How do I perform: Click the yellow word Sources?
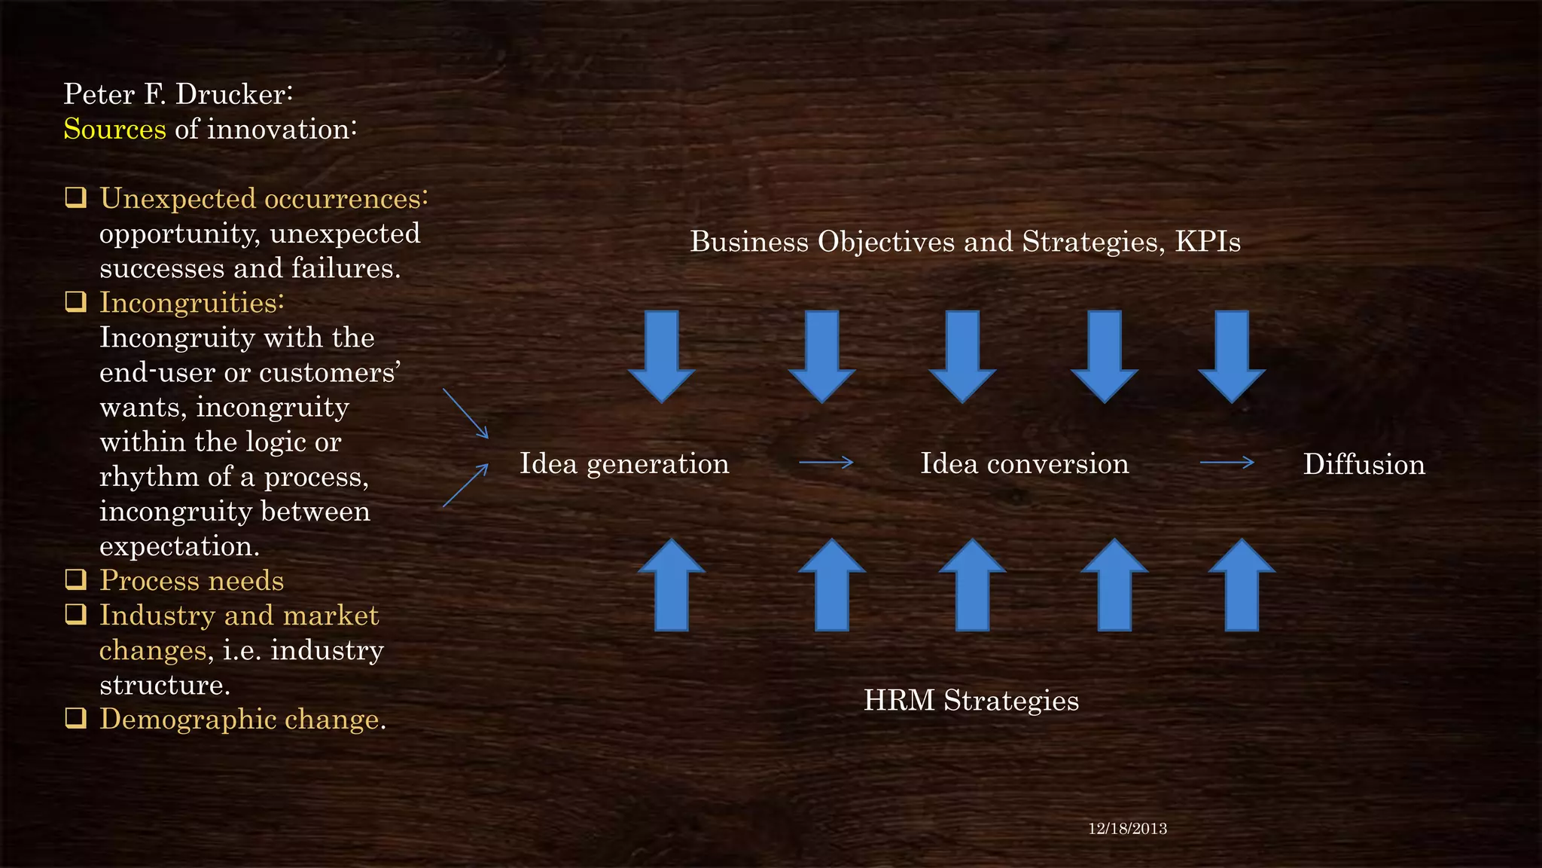(114, 130)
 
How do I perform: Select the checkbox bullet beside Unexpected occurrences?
(75, 198)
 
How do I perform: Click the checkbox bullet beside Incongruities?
(75, 302)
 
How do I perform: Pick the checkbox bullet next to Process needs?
(75, 579)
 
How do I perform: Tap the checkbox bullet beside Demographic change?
(75, 718)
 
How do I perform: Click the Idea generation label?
(624, 463)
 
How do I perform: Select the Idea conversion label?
(1025, 463)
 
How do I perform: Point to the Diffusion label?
(1364, 464)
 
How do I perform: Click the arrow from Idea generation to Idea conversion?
(826, 462)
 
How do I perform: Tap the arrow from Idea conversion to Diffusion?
(1227, 462)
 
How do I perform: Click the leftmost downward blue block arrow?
(661, 356)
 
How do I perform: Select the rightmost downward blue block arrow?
(1232, 356)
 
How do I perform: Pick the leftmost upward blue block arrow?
(672, 585)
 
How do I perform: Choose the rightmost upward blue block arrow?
(1242, 585)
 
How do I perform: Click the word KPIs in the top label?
(1208, 242)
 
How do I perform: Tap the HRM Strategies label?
(971, 700)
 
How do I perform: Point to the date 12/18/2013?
(1127, 829)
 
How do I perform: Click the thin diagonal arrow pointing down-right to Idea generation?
(465, 413)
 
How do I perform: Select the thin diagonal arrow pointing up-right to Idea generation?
(465, 486)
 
